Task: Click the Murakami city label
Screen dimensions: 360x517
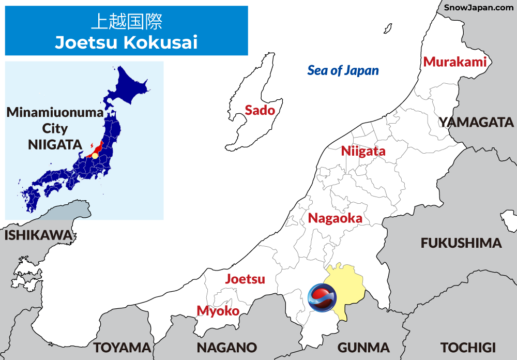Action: [x=455, y=62]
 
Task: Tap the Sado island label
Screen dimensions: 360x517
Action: [x=260, y=110]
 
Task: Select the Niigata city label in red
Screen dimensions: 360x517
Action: [x=363, y=151]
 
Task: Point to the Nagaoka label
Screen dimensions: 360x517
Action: [x=335, y=218]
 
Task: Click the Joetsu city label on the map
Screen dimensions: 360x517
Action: [x=245, y=279]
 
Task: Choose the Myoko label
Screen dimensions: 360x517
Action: [x=218, y=311]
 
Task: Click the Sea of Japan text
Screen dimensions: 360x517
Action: [x=343, y=70]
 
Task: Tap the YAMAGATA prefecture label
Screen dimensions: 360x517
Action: [x=476, y=123]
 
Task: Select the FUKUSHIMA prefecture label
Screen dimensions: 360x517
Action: [x=461, y=243]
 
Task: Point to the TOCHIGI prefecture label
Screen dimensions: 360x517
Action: [x=468, y=347]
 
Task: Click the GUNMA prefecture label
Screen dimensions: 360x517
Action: [x=363, y=347]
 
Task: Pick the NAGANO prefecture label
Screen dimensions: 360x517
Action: [x=226, y=347]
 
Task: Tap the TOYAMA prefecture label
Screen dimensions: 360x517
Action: [x=122, y=347]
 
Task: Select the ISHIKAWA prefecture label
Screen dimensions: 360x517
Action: [x=38, y=235]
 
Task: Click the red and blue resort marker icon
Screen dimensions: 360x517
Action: [x=322, y=298]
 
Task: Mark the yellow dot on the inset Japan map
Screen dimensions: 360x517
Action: [x=95, y=156]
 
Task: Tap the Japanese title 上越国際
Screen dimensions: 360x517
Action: [x=126, y=22]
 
